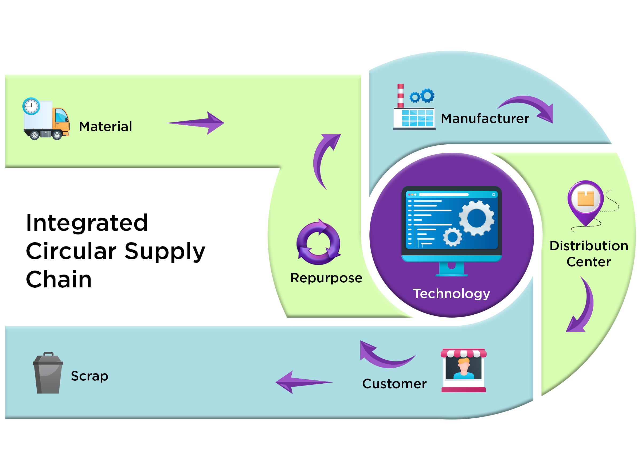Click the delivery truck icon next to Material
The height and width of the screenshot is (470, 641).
46,120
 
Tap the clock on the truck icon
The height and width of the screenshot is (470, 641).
31,106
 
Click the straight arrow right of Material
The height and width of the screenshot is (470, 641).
196,123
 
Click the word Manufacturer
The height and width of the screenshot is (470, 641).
485,119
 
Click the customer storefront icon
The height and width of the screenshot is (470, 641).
463,370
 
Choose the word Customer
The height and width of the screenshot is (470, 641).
394,384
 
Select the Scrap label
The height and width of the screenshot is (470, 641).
89,376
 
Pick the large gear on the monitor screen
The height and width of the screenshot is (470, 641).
476,218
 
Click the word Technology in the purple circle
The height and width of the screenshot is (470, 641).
451,294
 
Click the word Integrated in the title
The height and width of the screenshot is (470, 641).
87,223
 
